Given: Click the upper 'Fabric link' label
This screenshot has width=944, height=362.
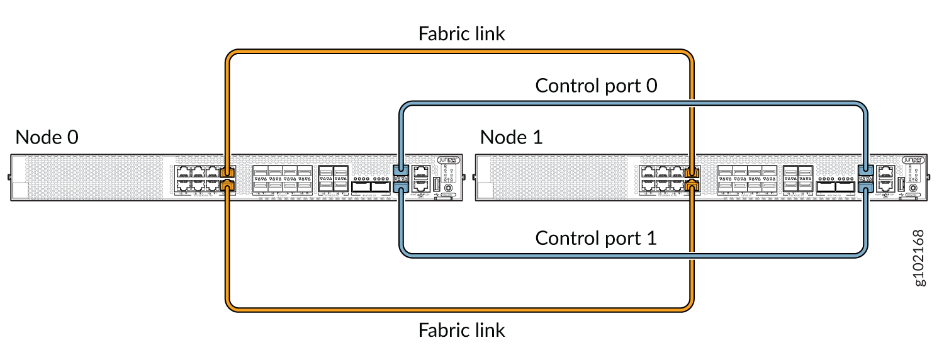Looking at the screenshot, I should point(461,33).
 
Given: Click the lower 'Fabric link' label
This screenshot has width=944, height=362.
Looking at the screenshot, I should point(461,329).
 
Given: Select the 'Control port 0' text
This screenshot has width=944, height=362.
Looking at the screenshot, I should point(596,86).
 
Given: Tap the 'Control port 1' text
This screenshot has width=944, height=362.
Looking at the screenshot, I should point(596,238).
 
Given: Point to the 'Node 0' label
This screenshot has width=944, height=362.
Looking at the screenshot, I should point(47,137).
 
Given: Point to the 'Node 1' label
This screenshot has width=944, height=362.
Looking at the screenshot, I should point(512,137).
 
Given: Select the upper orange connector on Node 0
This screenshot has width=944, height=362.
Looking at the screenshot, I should point(228,172).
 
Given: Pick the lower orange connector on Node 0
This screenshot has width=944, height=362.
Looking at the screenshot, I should point(228,184).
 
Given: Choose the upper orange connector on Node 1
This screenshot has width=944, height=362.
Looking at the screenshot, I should point(692,172).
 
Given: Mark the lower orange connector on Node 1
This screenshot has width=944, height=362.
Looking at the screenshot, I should point(692,184).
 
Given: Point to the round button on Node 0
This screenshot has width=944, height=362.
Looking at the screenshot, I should point(448,188).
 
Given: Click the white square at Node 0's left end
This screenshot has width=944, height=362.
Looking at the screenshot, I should point(21,191).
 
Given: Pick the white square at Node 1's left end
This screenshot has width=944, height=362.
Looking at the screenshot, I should point(485,191).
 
